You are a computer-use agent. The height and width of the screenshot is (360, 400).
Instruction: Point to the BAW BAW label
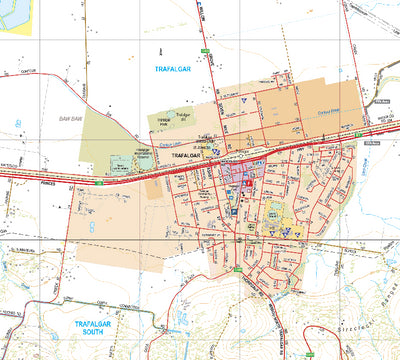point(69,119)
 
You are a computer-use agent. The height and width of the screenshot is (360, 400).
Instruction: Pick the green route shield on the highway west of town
point(100,182)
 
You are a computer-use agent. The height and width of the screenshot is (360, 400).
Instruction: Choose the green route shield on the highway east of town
point(357,132)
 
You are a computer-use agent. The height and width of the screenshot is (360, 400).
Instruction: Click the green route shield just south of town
point(237,268)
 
